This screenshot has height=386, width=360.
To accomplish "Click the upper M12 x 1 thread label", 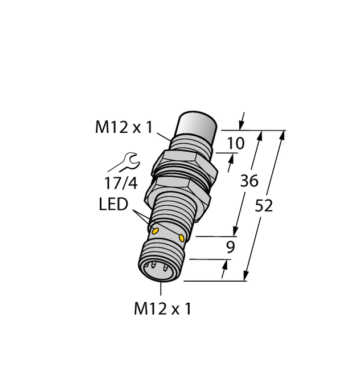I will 124,128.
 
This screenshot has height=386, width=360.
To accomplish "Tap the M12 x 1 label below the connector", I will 162,309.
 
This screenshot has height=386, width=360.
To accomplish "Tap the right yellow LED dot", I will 182,237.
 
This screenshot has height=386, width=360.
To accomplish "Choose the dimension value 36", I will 249,181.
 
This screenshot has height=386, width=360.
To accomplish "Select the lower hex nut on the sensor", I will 178,192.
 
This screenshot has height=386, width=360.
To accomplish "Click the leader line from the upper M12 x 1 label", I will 163,136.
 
